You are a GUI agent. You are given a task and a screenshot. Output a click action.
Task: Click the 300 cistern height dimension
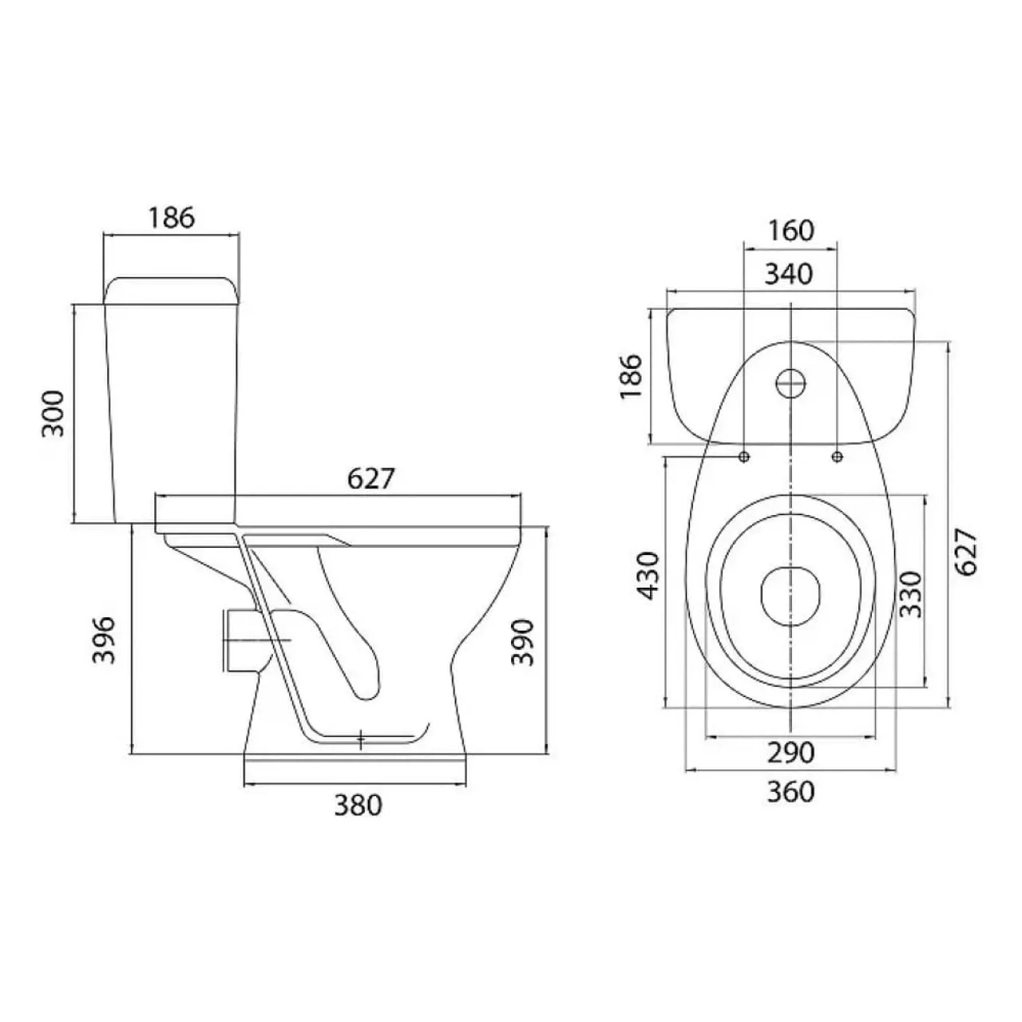coord(53,413)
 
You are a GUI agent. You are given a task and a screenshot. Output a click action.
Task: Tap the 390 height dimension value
coord(522,642)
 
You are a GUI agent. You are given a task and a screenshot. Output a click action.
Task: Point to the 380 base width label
coord(358,806)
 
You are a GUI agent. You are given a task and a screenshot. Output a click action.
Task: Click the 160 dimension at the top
coord(790,231)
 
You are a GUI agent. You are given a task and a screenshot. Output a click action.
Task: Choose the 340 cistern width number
coord(789,274)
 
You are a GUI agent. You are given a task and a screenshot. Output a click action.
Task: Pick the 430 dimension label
coord(649,576)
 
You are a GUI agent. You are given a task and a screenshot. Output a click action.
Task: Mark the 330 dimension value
coord(911,594)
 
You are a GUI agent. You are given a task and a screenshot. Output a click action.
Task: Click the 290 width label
coord(790,753)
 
